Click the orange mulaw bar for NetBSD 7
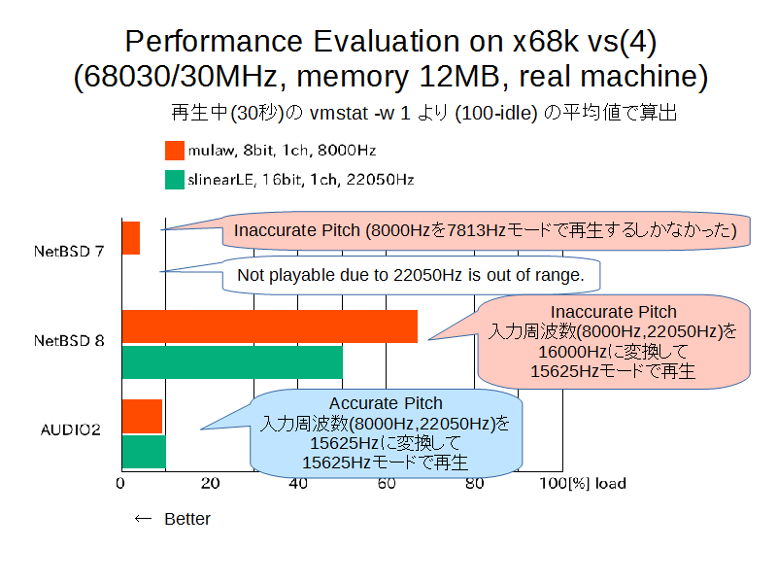[131, 238]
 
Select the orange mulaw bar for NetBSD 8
[270, 326]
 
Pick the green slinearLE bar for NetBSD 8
[232, 362]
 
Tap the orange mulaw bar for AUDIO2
[142, 417]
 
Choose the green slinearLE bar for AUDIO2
[144, 452]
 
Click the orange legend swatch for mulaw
[175, 151]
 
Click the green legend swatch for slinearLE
[175, 180]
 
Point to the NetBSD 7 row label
[69, 252]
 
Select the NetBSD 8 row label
[69, 341]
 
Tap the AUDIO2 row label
[70, 429]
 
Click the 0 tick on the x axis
[120, 483]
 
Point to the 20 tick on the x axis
[210, 483]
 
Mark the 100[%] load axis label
[583, 483]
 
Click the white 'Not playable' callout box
[411, 275]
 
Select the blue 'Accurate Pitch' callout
[386, 432]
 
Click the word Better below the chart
[187, 519]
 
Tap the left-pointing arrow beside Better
[143, 519]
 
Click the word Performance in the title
[214, 42]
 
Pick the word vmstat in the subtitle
[338, 114]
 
